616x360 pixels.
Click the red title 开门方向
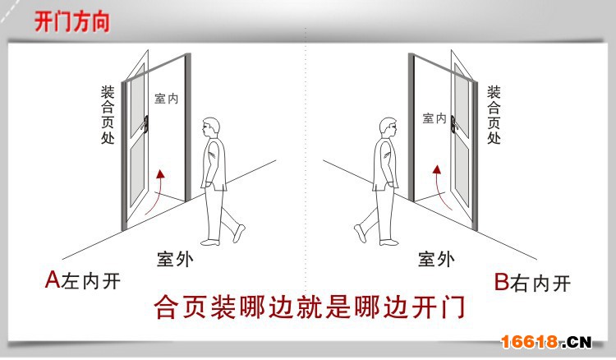pyautogui.click(x=72, y=21)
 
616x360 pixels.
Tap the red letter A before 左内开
pyautogui.click(x=53, y=279)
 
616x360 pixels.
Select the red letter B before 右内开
pyautogui.click(x=502, y=282)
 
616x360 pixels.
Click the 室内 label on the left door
pyautogui.click(x=167, y=99)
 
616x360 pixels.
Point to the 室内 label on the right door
pyautogui.click(x=434, y=118)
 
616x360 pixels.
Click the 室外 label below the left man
pyautogui.click(x=175, y=260)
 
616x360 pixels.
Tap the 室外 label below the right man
pyautogui.click(x=436, y=260)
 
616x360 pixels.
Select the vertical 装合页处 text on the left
pyautogui.click(x=108, y=115)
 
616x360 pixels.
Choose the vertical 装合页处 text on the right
pyautogui.click(x=494, y=115)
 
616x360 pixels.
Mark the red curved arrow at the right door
pyautogui.click(x=444, y=189)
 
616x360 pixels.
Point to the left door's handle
pyautogui.click(x=146, y=123)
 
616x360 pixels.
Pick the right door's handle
pyautogui.click(x=453, y=124)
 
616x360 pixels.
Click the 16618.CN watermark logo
pyautogui.click(x=546, y=342)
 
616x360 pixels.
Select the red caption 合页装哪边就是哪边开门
pyautogui.click(x=310, y=307)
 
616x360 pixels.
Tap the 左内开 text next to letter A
pyautogui.click(x=91, y=281)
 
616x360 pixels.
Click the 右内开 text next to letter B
pyautogui.click(x=540, y=283)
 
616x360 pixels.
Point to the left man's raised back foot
pyautogui.click(x=239, y=233)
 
